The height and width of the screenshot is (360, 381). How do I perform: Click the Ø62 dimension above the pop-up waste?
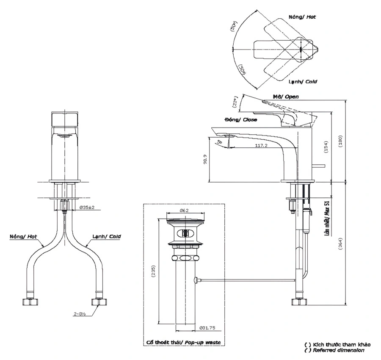coord(184,210)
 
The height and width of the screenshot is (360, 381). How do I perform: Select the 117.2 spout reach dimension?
coord(260,146)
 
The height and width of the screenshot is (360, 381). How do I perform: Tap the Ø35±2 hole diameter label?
coord(86,208)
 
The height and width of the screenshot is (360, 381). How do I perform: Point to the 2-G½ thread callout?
coord(79,314)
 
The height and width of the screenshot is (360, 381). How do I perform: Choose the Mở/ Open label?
coord(286,97)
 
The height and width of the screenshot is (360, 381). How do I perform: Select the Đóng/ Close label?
coord(241,120)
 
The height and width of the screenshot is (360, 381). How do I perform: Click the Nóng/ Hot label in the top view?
coord(302,17)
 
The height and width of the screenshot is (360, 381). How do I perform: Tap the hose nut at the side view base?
coord(298,302)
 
